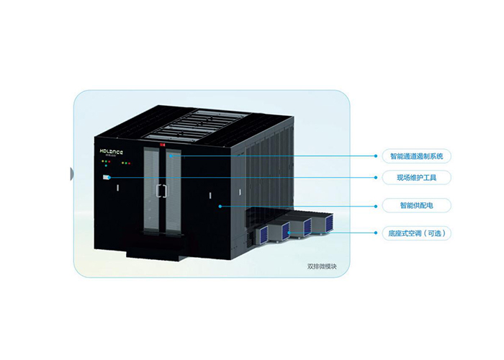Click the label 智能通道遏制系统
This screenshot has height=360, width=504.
[416, 155]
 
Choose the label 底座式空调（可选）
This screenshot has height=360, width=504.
[417, 233]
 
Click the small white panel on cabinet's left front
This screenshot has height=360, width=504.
[106, 177]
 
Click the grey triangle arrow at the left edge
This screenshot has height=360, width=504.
[71, 173]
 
